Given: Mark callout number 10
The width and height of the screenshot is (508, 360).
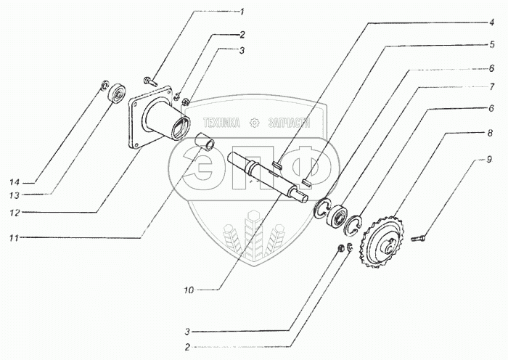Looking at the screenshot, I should click(x=189, y=290).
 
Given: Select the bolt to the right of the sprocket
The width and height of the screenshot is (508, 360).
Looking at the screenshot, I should click(x=419, y=236).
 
